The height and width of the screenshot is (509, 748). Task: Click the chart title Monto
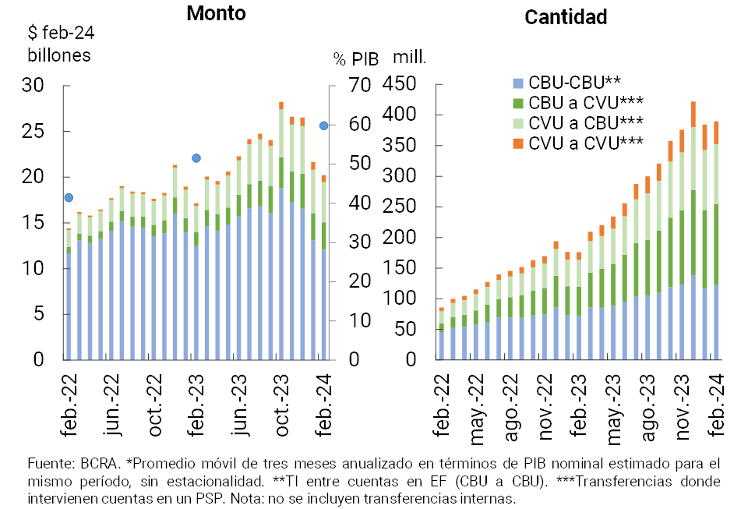pos(216,14)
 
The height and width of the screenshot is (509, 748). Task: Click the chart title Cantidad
pos(566,17)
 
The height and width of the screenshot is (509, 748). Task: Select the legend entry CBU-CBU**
pos(573,82)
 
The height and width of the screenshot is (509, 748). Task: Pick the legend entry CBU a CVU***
pos(584,102)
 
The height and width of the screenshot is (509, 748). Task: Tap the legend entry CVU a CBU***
pos(584,122)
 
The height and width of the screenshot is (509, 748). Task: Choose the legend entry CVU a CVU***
pos(584,143)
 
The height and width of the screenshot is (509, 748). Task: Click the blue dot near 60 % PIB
pos(323,125)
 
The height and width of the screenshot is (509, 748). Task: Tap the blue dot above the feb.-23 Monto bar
pos(196,158)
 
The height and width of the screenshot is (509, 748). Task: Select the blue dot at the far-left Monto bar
pos(69,198)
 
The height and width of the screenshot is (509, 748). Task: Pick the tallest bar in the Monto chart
pos(281,234)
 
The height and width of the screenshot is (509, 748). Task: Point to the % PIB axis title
pos(355,59)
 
